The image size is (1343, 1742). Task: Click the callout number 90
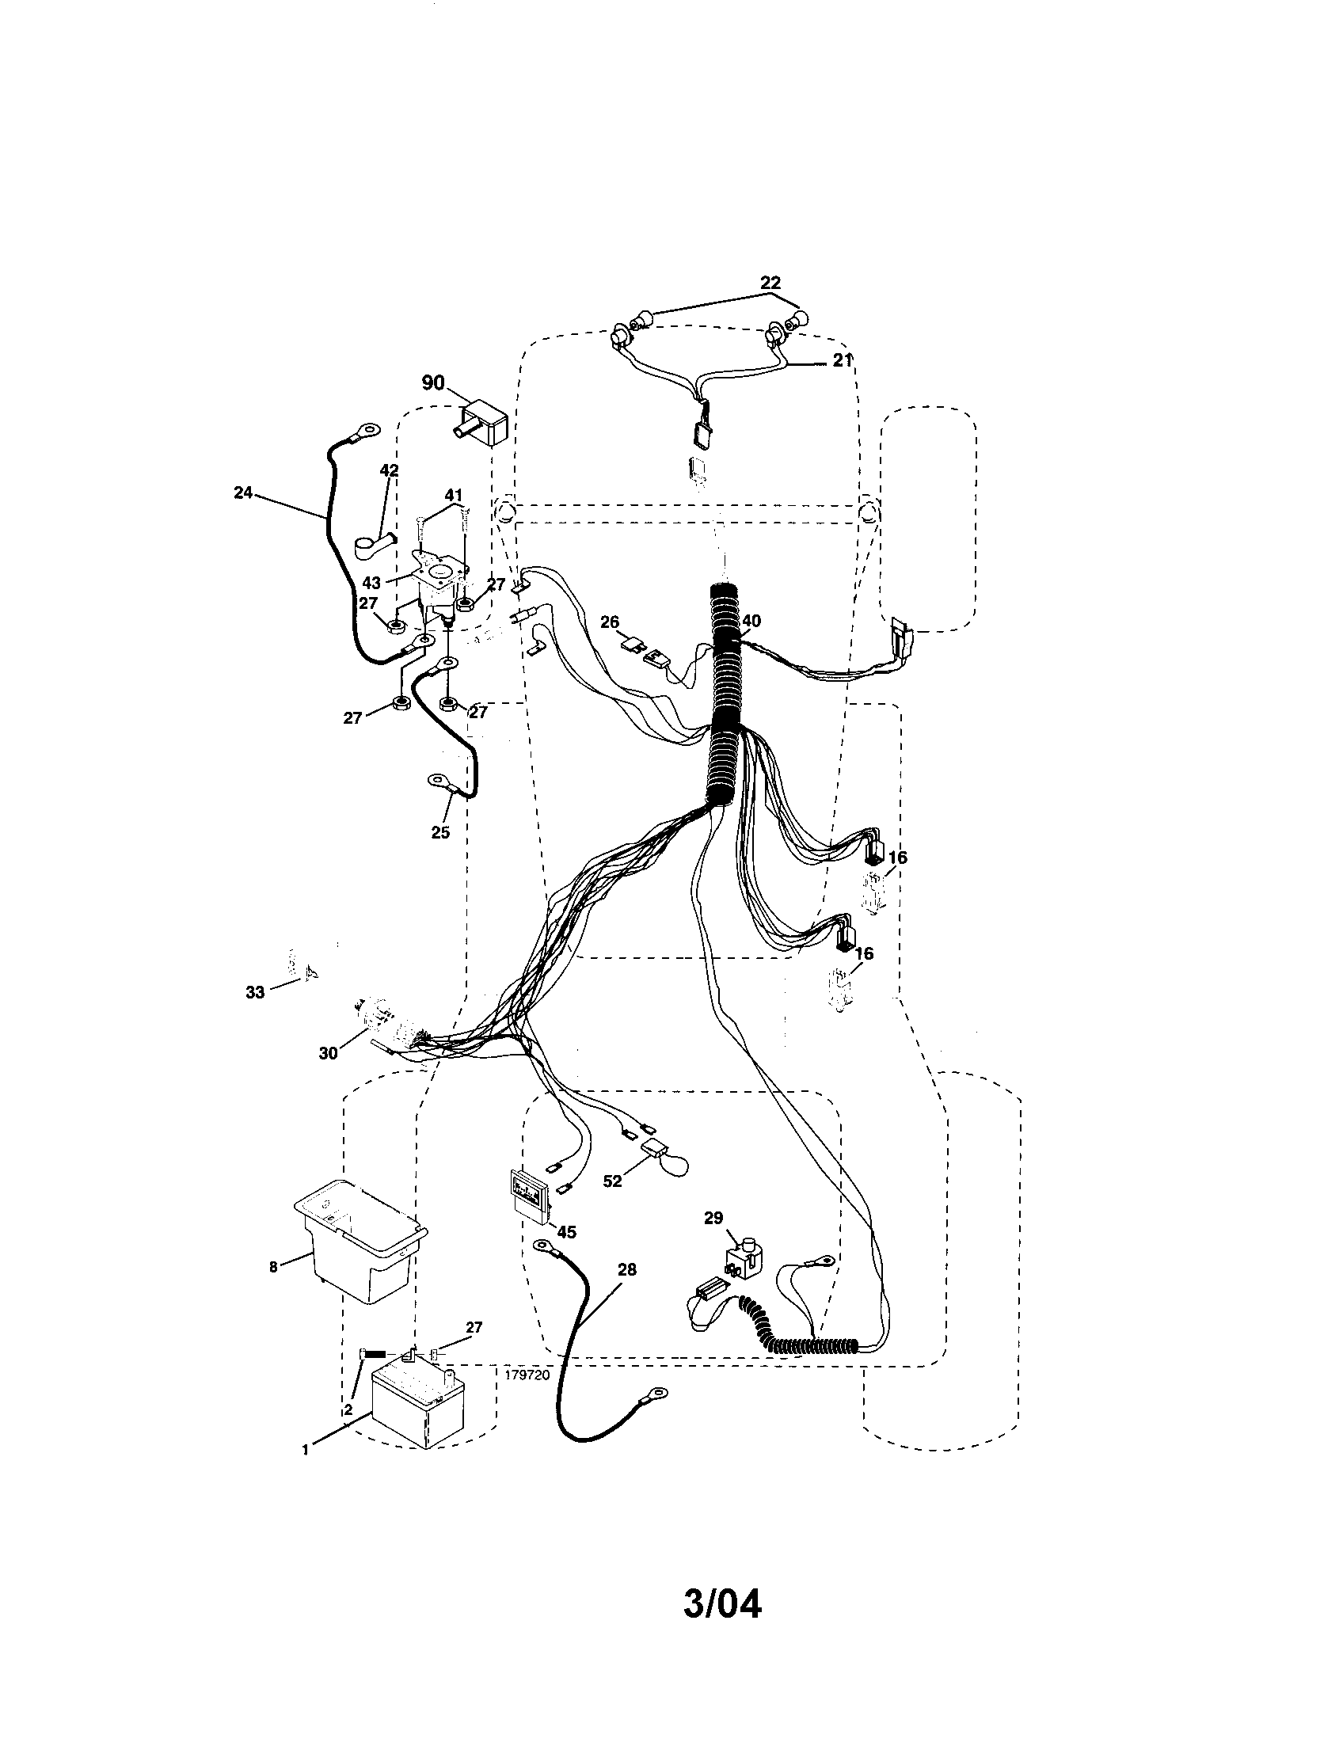[433, 383]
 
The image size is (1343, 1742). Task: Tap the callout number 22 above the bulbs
[770, 283]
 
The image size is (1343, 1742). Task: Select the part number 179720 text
[527, 1375]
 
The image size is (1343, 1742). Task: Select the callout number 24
[242, 493]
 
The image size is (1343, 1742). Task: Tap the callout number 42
[388, 470]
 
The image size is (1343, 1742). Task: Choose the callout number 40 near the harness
[751, 620]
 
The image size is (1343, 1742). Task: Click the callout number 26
[610, 622]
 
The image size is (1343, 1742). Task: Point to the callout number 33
[254, 993]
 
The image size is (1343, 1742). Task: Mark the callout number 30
[328, 1053]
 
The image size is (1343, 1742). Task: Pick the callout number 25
[440, 832]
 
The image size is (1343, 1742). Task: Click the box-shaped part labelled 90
[484, 425]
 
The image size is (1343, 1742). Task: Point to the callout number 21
[843, 360]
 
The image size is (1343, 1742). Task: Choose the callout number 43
[371, 583]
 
